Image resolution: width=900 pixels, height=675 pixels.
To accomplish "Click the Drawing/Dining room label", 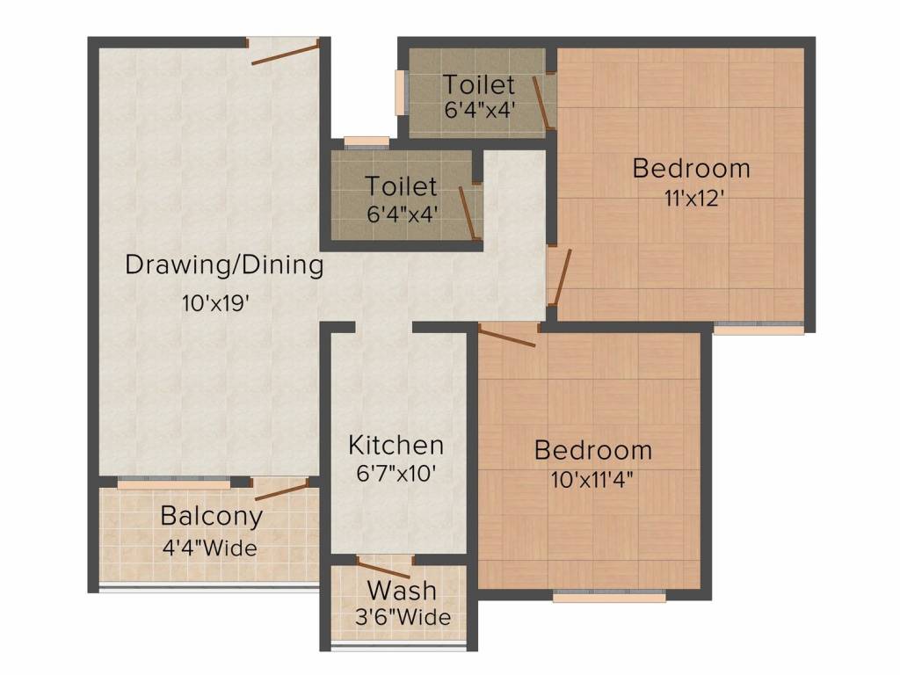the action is click(x=224, y=265).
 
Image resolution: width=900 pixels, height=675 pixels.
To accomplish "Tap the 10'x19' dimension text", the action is click(x=215, y=302).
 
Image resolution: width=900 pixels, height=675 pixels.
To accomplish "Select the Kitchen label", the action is click(x=396, y=446).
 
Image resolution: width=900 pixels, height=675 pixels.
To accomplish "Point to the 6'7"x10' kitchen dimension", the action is click(x=396, y=474).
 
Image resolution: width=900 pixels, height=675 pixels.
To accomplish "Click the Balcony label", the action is click(x=212, y=517).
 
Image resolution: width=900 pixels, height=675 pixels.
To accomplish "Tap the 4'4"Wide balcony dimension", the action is click(x=209, y=548).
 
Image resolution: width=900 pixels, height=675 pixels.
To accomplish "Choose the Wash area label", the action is click(x=402, y=590).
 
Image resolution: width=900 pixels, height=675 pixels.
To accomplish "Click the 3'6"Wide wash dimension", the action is click(x=403, y=617).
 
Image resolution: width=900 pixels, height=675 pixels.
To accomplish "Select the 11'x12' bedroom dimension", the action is click(x=694, y=199).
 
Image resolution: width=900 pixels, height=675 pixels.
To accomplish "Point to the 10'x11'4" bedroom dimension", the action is click(x=592, y=479).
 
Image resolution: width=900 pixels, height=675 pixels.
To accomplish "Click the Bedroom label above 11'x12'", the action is click(x=692, y=169).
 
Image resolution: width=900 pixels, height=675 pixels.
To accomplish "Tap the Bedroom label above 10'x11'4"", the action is click(x=593, y=450).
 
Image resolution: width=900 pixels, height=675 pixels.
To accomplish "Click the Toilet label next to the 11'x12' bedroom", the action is click(x=479, y=85).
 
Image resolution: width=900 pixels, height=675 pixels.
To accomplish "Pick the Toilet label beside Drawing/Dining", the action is click(x=401, y=186).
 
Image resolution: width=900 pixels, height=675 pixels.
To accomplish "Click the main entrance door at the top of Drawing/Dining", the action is click(x=285, y=53).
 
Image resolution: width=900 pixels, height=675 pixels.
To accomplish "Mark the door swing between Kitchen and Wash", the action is click(x=384, y=570).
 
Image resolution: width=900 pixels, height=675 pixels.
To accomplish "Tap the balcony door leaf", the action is click(x=282, y=492).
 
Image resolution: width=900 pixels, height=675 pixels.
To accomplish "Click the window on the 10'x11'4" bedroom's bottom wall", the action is click(x=610, y=598).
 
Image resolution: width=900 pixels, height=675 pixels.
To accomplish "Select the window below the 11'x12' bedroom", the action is click(x=758, y=329).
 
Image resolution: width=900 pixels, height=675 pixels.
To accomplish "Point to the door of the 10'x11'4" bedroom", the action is click(x=507, y=337).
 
